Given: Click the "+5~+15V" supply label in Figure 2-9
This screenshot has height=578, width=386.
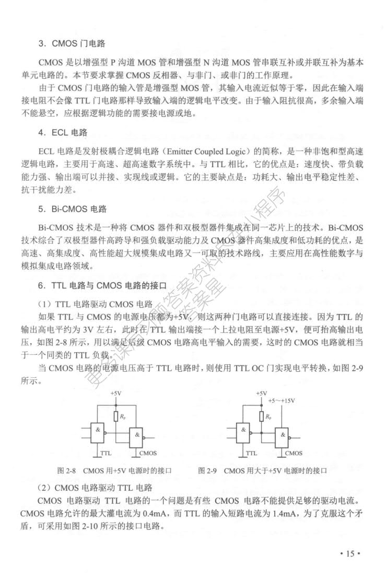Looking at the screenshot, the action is point(280,401).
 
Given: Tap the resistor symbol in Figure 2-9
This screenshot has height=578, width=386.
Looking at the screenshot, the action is point(261,417).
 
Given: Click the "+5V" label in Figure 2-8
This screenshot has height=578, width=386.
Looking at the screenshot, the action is point(115,393).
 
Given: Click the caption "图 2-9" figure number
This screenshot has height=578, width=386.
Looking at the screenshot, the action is point(207,471).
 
